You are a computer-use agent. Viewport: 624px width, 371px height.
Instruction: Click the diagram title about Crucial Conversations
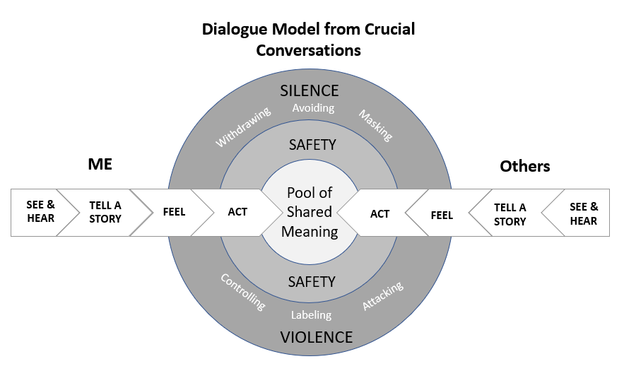point(309,40)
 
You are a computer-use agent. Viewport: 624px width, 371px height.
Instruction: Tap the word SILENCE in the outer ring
point(310,90)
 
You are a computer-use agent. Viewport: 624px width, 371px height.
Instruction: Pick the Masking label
point(375,124)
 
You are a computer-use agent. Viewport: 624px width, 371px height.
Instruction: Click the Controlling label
point(243,292)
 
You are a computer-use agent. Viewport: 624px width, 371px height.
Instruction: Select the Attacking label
point(382,295)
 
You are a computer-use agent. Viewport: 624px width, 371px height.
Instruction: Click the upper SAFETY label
point(312,145)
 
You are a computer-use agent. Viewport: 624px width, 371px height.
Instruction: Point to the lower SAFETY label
point(312,281)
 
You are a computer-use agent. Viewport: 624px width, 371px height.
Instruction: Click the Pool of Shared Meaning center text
point(310,212)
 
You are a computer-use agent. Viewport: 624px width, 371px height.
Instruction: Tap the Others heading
point(524,166)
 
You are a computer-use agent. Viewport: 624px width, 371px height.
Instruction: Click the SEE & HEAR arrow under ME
point(40,212)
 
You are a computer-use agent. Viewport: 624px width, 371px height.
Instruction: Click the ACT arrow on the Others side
point(380,213)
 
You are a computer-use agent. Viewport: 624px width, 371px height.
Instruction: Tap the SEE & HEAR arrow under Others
point(583,213)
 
